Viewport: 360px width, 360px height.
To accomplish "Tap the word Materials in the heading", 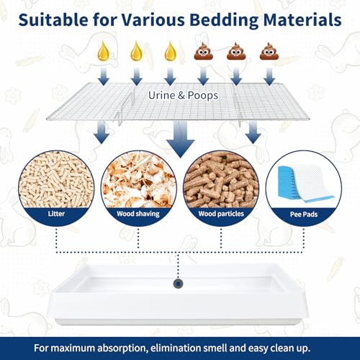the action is coord(302,19).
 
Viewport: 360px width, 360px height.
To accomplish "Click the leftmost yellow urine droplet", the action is coord(104,50).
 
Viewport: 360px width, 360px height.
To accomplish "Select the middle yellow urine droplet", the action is coord(137,50).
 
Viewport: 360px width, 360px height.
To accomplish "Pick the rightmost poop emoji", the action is coord(269,51).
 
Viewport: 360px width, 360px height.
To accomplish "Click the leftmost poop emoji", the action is coord(204,51).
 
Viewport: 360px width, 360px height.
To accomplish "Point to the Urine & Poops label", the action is coord(184,95).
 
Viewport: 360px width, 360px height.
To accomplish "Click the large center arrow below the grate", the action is coord(181,139).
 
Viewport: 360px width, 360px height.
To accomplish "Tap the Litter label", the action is coord(56,214).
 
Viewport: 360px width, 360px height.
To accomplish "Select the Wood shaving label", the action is coord(138,214).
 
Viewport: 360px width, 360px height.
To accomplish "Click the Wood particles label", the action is coord(221,214).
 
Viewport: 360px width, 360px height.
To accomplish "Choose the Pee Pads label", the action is coord(304,215).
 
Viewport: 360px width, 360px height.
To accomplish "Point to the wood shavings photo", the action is coord(139,180).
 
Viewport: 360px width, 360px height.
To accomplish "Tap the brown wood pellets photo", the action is coord(221,180).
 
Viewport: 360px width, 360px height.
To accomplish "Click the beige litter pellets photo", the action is coord(56,180).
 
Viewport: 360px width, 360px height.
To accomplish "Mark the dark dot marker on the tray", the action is coord(178,284).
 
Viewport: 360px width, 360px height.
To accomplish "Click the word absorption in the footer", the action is coord(122,348).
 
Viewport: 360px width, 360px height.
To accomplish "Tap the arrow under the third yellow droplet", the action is coord(170,76).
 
